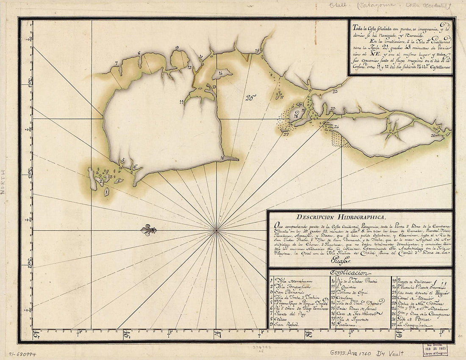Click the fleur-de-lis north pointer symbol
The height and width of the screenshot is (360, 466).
point(149,230)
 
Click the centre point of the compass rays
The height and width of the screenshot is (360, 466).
point(216,230)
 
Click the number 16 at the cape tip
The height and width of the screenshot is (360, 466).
point(222,158)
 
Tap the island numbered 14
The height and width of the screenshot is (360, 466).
point(221,74)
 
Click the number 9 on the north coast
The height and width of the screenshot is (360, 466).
point(177,47)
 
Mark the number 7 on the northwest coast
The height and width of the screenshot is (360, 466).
point(116,63)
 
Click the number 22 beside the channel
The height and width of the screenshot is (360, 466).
point(335,91)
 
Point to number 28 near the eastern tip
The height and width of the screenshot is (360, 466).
point(433,136)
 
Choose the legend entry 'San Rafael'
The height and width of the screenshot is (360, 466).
point(286,324)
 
